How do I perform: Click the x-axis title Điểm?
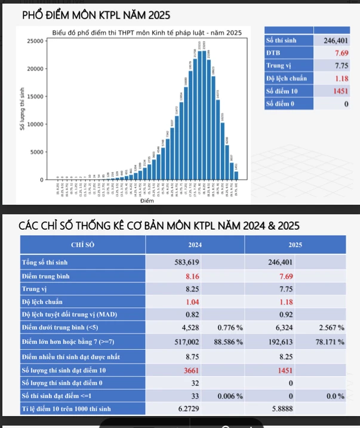(x=147, y=201)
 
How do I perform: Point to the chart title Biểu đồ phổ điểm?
(x=147, y=32)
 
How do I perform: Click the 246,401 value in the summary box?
(x=336, y=41)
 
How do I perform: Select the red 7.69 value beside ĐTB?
(x=341, y=54)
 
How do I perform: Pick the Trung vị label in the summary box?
(x=278, y=66)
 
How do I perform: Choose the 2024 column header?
(x=195, y=245)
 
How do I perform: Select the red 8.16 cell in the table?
(x=191, y=278)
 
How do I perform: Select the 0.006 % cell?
(x=245, y=396)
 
